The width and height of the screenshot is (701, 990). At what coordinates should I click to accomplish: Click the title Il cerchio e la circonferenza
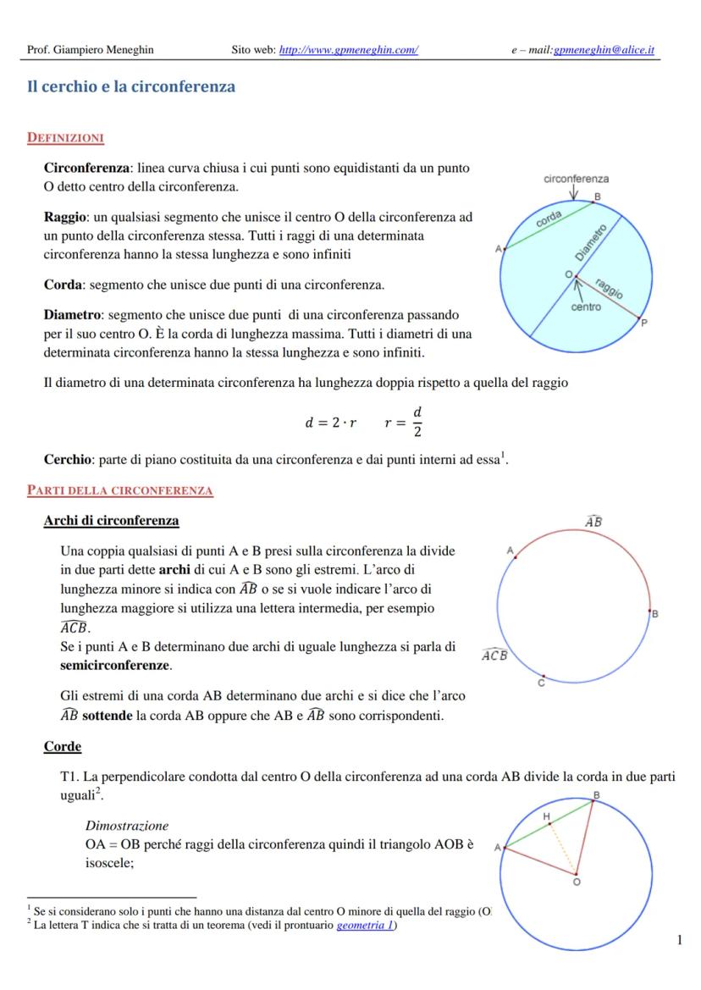click(131, 87)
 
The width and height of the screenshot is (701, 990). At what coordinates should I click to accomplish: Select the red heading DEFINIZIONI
click(65, 137)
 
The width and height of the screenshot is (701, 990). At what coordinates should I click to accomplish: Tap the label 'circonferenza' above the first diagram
click(576, 179)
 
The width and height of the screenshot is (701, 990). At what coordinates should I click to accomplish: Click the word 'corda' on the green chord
click(549, 218)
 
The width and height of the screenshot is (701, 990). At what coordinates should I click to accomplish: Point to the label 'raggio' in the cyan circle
click(609, 288)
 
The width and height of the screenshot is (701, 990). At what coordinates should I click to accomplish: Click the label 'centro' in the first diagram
click(586, 307)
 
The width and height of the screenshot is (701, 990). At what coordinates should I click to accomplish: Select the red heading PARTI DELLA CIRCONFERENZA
click(120, 490)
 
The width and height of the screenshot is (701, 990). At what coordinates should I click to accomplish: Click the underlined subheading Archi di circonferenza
click(111, 520)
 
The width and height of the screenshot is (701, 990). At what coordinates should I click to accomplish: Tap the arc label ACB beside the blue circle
click(494, 655)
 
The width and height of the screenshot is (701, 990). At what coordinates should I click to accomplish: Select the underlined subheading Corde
click(63, 746)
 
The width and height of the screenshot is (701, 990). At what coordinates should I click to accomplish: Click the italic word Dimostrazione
click(127, 825)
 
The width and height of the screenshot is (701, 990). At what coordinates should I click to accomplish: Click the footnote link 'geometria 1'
click(366, 926)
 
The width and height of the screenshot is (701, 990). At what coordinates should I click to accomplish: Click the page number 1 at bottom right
click(680, 940)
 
